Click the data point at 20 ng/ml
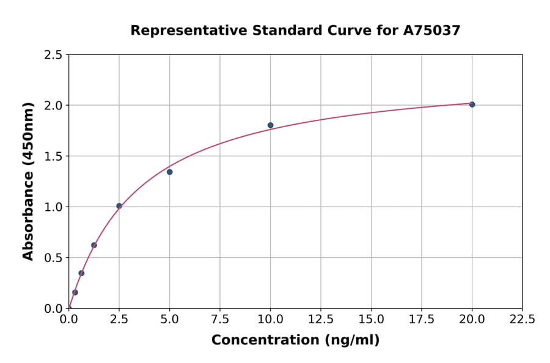[472, 105]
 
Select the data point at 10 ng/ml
[270, 125]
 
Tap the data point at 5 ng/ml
[169, 172]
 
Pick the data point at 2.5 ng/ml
[119, 206]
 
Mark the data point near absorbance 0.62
[94, 245]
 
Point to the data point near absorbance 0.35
[81, 273]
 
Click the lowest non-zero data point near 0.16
[75, 292]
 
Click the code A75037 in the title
[431, 31]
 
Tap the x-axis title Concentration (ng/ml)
[295, 340]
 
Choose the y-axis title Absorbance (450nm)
[28, 181]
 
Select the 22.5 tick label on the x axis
[522, 320]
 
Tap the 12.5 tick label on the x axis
[321, 320]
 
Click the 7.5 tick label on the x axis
[220, 320]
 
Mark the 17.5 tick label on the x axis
[422, 320]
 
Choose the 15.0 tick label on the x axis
[371, 320]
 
